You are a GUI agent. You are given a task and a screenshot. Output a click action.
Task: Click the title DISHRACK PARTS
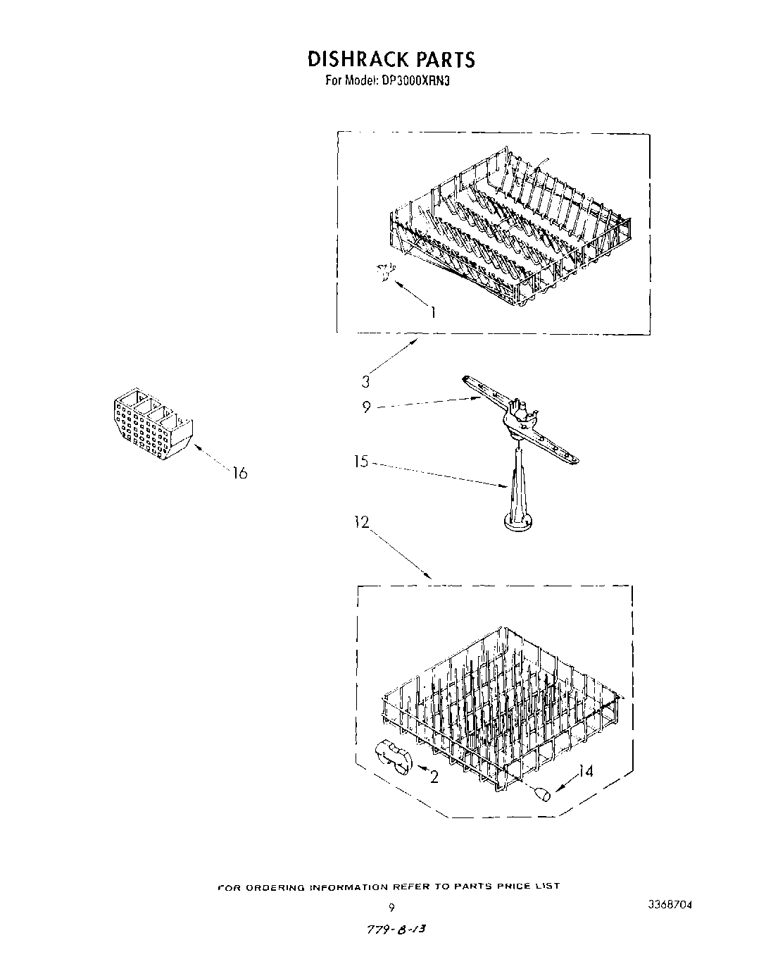391,59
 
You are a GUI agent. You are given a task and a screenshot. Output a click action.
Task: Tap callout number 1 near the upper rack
433,311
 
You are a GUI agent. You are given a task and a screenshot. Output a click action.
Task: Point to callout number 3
365,381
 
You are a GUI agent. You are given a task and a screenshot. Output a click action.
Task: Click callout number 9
367,407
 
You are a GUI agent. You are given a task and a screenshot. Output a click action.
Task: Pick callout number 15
361,462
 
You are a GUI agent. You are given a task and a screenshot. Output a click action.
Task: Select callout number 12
362,523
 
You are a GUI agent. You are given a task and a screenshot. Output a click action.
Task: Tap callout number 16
240,473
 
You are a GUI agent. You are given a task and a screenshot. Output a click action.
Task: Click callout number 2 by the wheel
434,776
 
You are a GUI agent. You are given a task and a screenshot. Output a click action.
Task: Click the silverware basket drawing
151,424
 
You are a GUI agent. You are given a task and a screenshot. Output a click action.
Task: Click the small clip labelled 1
386,271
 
